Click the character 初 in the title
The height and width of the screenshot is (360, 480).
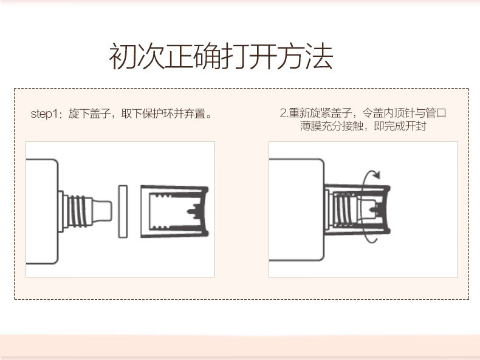tap(123, 56)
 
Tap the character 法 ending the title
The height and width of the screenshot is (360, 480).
tap(320, 56)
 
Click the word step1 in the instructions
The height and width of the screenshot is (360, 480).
tap(44, 114)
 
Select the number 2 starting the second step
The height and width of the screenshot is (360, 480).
tap(283, 113)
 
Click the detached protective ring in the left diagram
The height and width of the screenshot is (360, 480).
tap(123, 211)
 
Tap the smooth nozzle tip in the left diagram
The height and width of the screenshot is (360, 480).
tap(102, 211)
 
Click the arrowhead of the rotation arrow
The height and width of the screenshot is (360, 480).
tap(376, 175)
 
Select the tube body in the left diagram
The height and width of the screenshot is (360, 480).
tap(42, 211)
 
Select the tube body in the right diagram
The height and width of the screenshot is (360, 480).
tap(297, 210)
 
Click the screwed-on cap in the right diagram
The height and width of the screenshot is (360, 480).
tap(357, 210)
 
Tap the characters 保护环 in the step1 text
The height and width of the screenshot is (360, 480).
tap(158, 114)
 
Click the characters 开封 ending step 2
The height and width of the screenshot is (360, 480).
tap(416, 126)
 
